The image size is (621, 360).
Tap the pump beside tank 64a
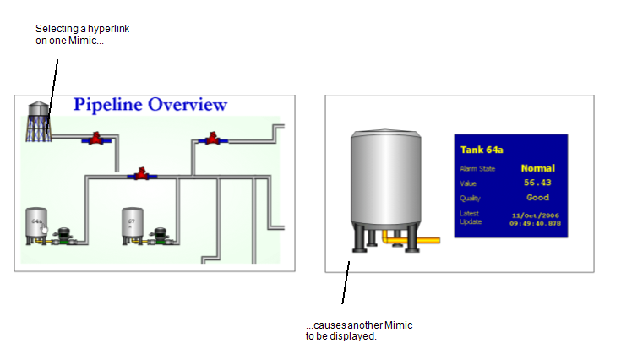pyautogui.click(x=63, y=236)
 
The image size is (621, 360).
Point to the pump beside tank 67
pyautogui.click(x=158, y=236)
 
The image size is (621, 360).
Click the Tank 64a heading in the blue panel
pyautogui.click(x=482, y=150)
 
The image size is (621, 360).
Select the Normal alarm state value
pyautogui.click(x=537, y=168)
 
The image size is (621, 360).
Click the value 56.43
pyautogui.click(x=537, y=183)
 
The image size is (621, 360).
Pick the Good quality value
pyautogui.click(x=537, y=197)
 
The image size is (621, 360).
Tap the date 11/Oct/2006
pyautogui.click(x=535, y=215)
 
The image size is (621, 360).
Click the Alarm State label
pyautogui.click(x=477, y=169)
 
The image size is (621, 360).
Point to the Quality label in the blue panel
pyautogui.click(x=470, y=198)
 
